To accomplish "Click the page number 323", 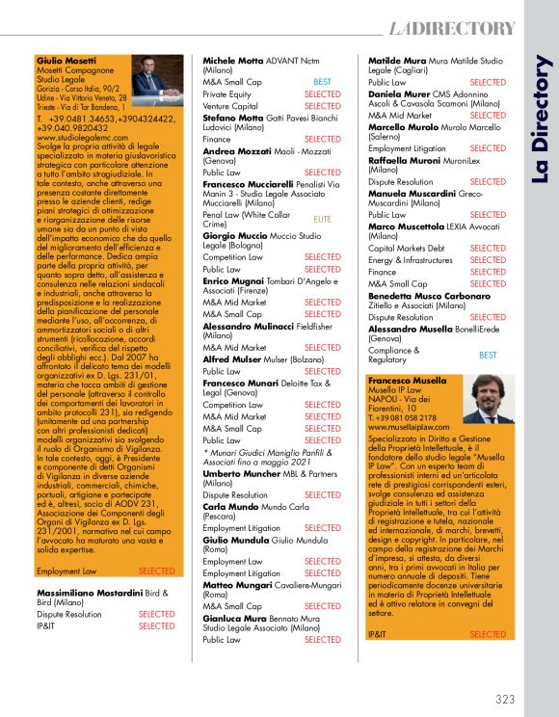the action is coord(506,699).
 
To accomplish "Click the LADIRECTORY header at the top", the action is coord(453,28).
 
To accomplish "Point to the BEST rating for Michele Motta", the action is coord(322,82).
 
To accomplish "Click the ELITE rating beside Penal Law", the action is coord(322,219).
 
